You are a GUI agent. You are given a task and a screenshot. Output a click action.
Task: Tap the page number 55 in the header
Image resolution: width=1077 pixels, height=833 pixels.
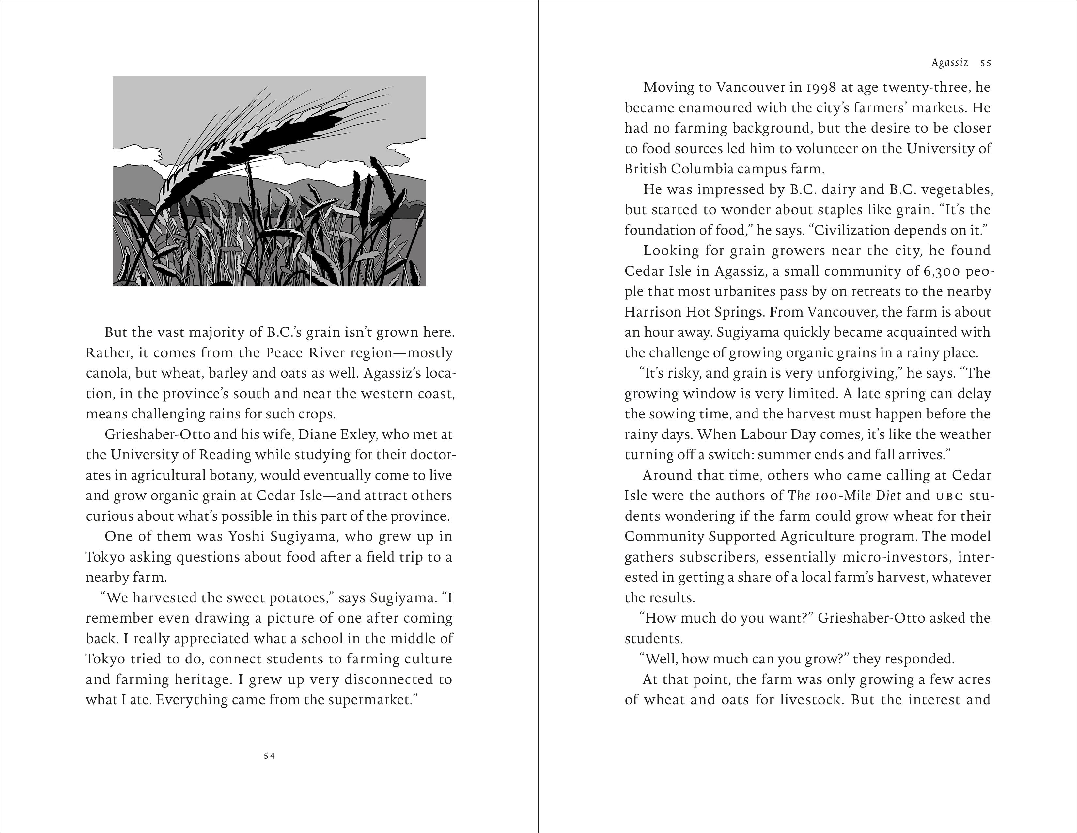986,63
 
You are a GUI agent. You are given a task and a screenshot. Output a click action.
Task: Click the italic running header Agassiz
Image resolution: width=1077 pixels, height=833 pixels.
950,63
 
